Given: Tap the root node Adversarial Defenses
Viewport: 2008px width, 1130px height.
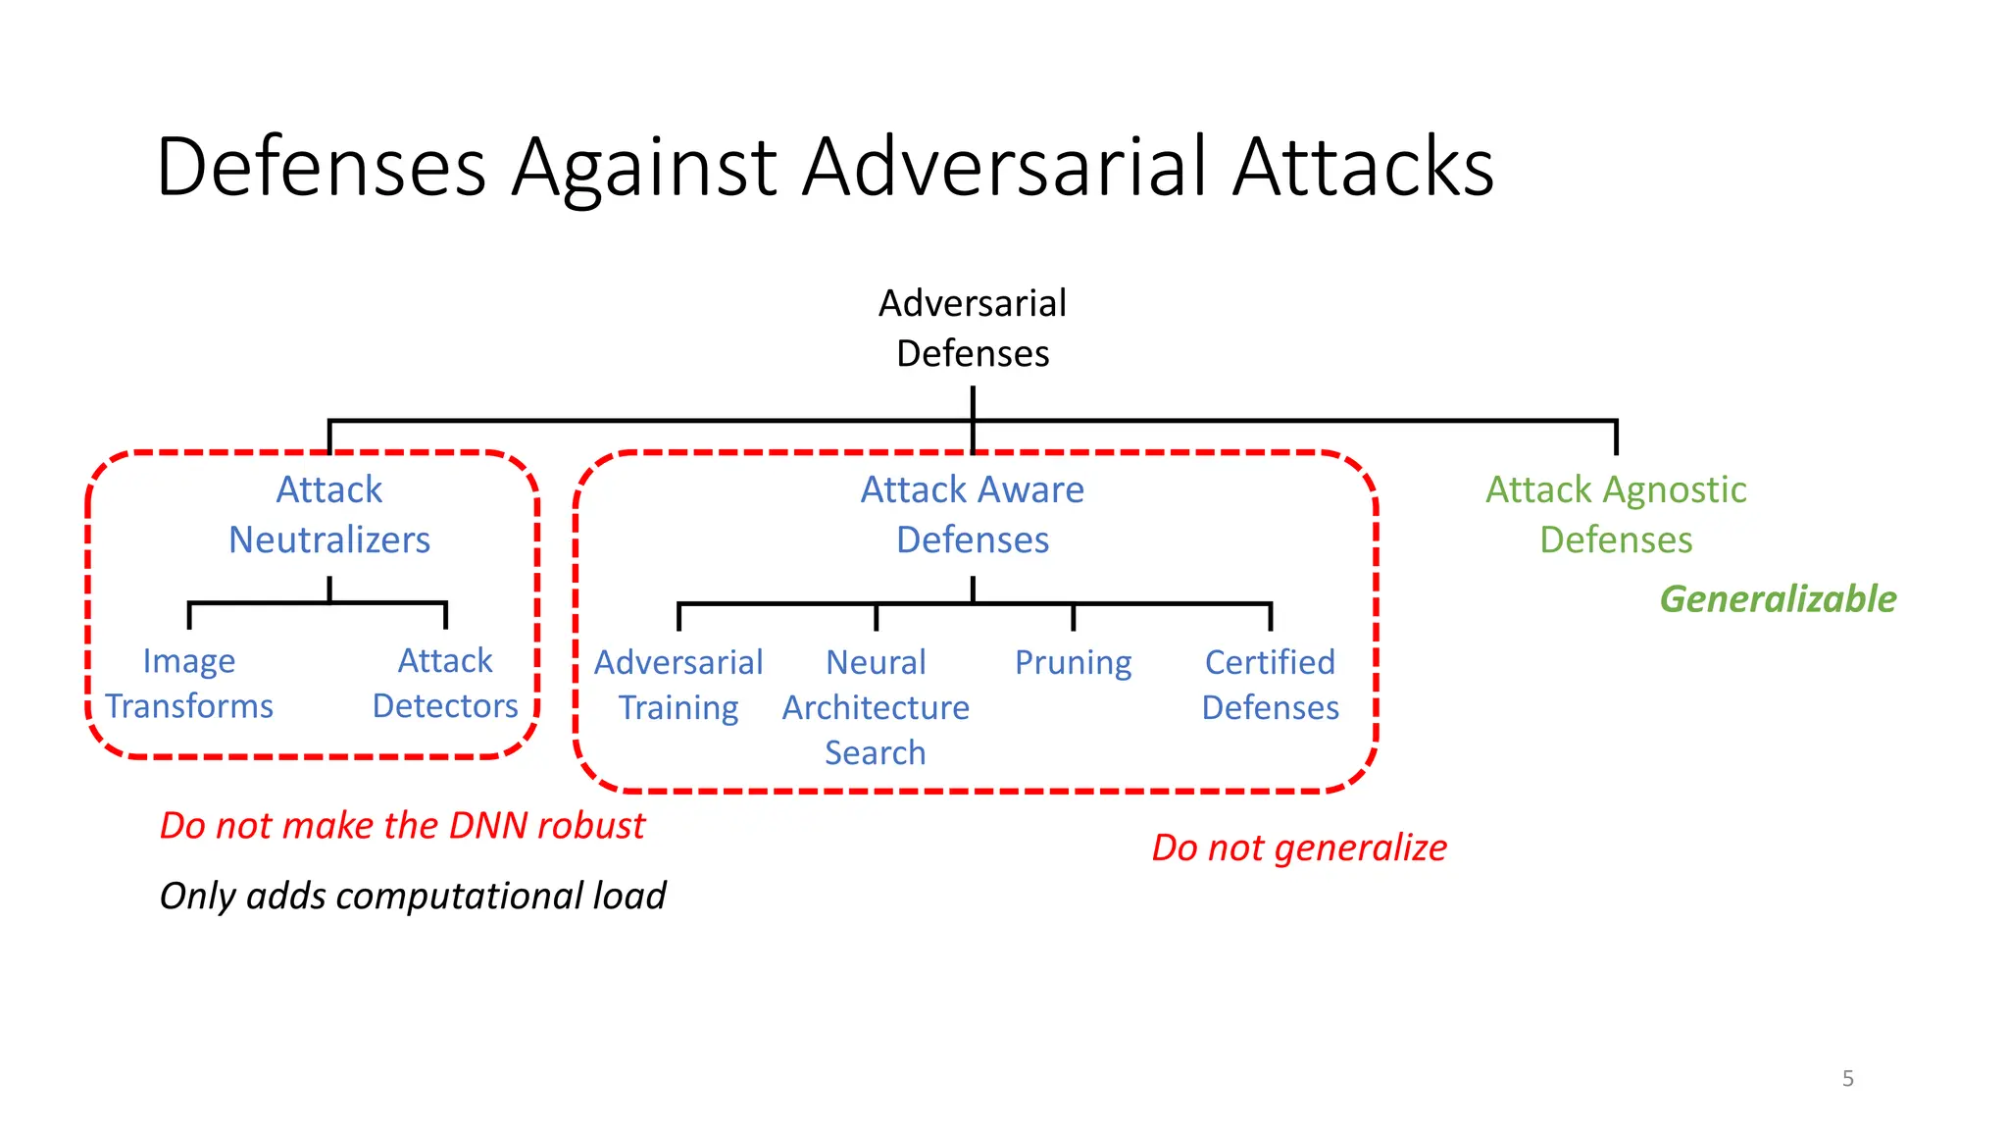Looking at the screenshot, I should [x=972, y=328].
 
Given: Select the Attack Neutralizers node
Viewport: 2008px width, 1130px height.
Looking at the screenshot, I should [x=329, y=514].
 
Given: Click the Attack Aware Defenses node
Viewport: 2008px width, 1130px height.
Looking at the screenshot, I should [x=972, y=514].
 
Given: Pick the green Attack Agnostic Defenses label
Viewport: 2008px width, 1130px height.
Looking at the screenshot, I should [x=1616, y=514].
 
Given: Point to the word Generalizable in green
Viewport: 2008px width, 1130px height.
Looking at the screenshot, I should [x=1778, y=598].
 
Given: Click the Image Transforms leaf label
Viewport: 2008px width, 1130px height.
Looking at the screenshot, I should [x=189, y=684].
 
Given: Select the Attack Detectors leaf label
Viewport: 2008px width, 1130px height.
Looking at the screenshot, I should [x=445, y=684].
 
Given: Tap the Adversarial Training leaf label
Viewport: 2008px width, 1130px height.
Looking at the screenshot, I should [x=678, y=685].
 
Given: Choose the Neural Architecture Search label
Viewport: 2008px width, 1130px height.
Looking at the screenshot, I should [x=876, y=707].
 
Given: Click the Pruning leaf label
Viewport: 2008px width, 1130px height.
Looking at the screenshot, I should [x=1073, y=663].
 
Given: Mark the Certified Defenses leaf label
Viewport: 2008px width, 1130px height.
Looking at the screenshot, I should [x=1270, y=685].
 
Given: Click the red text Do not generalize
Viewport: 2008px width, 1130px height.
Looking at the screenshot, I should [x=1299, y=847].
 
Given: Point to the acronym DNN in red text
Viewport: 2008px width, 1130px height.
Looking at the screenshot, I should [x=488, y=826].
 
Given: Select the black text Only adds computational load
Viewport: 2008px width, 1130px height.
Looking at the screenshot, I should [x=413, y=896].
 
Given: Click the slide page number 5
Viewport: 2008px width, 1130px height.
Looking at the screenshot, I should [x=1847, y=1078].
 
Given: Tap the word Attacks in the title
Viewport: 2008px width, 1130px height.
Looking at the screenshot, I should [x=1363, y=167].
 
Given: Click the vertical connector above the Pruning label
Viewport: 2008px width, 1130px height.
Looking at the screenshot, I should [x=1074, y=617].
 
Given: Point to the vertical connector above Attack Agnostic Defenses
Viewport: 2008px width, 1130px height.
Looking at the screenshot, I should [x=1616, y=437].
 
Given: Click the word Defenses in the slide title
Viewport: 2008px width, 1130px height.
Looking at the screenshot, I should [x=322, y=167].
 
